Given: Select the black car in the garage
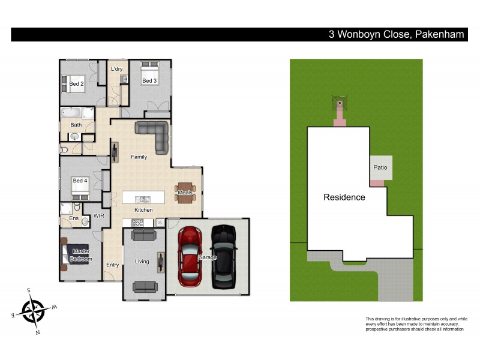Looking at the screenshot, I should coord(223,257).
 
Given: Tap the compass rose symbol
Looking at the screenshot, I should coord(34,310).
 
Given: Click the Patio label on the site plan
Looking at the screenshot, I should coord(379,167).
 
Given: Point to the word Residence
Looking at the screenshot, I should coord(344,197).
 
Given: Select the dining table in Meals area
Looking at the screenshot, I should coord(185,193).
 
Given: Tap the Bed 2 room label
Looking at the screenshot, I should coord(77,84).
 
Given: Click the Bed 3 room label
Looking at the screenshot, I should coord(149,80).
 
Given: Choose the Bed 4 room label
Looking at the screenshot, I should coord(80,181).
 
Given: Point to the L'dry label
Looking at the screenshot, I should coord(117,69).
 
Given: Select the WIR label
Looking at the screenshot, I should coord(99,215).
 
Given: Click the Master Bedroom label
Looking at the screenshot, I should coord(80,254).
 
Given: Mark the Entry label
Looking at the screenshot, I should coord(112,265).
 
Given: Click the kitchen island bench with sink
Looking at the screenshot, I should coord(143,198).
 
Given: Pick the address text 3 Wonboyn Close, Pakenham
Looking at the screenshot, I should coord(396,35).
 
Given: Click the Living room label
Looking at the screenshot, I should coord(142,262).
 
